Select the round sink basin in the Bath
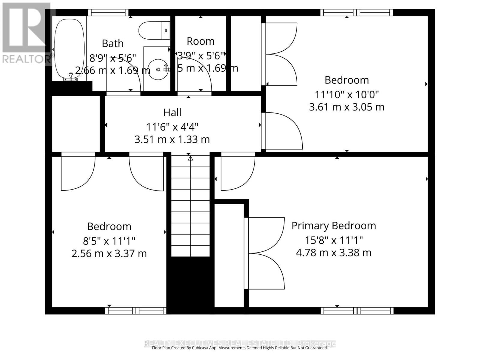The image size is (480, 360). click(x=158, y=69)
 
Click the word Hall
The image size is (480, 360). click(x=172, y=112)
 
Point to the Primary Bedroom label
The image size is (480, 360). click(x=334, y=226)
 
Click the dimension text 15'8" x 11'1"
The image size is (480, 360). click(x=334, y=240)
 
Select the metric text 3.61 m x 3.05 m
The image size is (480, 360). click(x=346, y=107)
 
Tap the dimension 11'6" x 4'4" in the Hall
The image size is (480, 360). click(x=172, y=127)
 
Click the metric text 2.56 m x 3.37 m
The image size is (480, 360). click(x=109, y=254)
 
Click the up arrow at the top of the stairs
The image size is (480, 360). click(x=190, y=158)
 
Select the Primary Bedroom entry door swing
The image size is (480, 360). click(x=237, y=174)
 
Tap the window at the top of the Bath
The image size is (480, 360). click(x=108, y=13)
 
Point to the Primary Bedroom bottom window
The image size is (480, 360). click(x=357, y=311)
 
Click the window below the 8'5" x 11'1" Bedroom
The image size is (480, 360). click(x=136, y=311)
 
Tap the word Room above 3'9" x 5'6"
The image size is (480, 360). click(x=200, y=41)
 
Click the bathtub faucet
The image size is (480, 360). click(x=71, y=76)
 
